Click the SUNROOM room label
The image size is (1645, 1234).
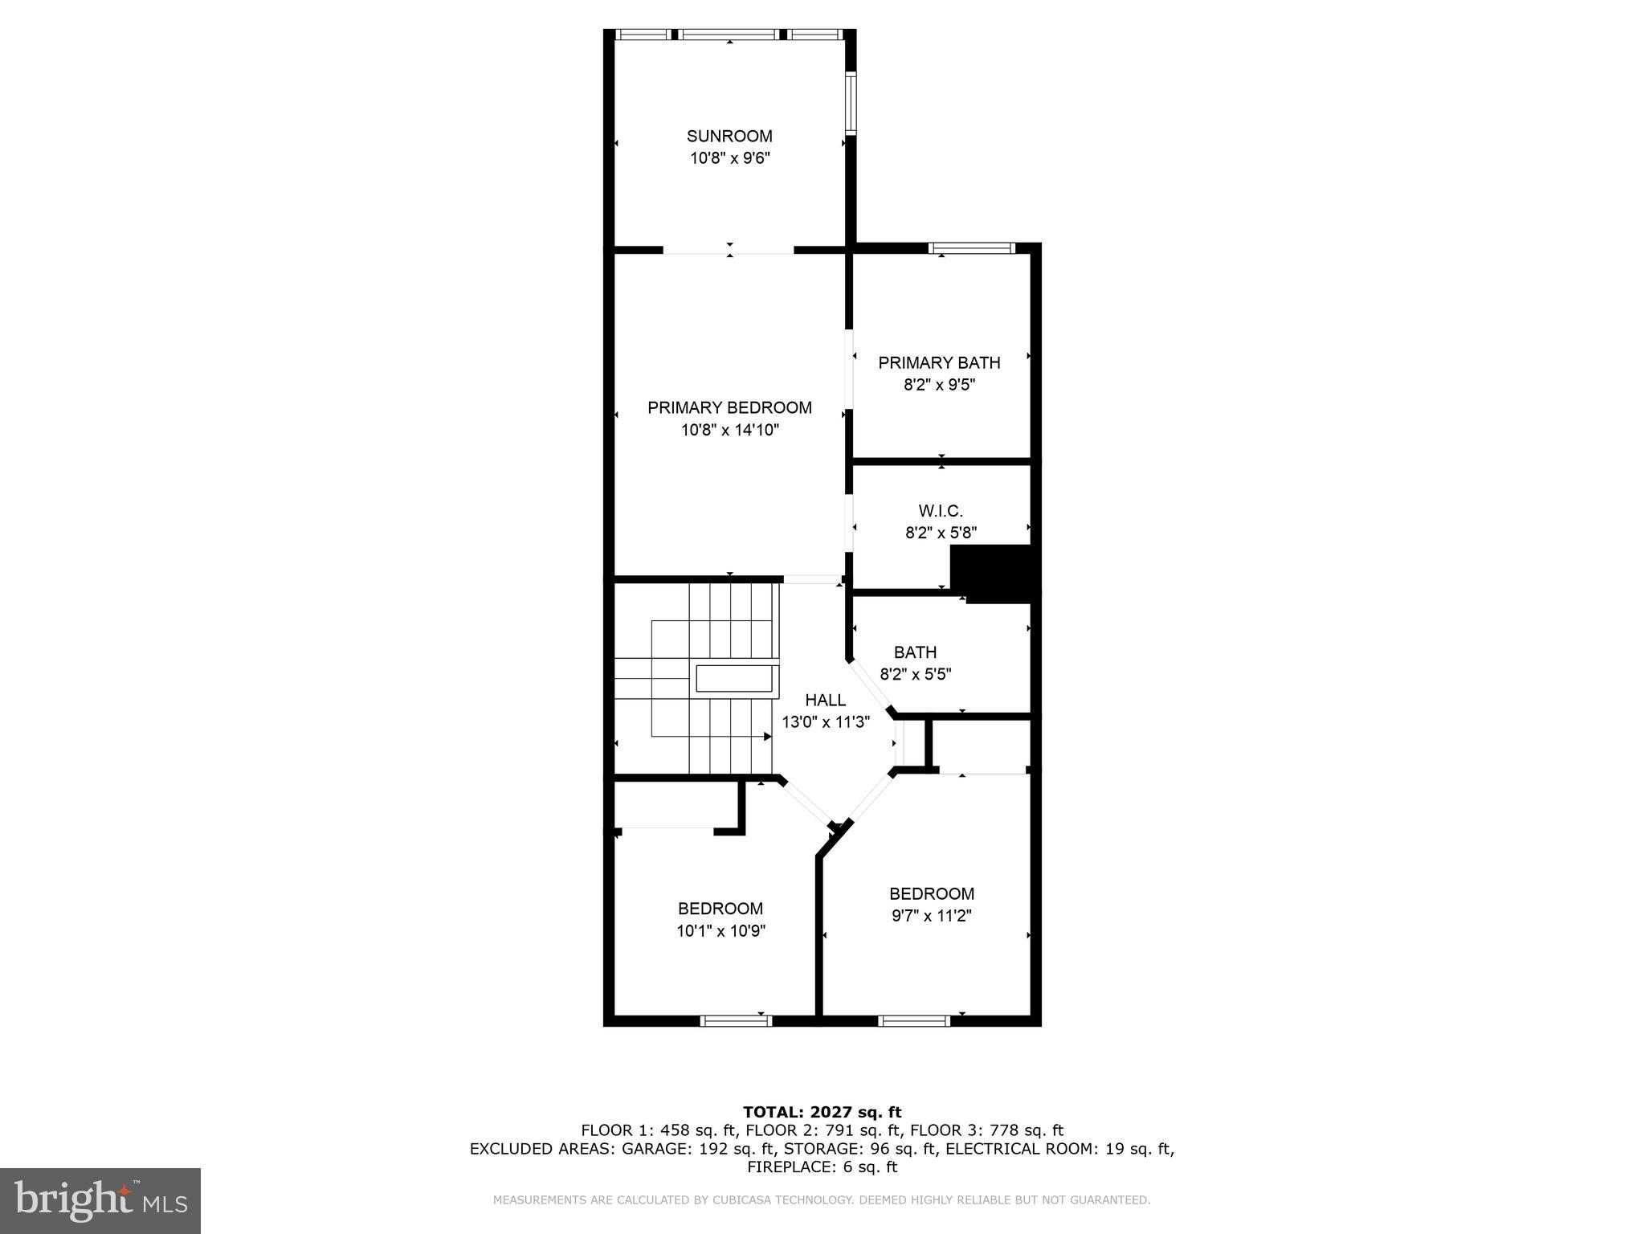click(x=729, y=136)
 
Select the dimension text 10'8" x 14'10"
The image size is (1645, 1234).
click(x=729, y=430)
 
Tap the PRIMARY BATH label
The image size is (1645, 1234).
click(x=938, y=362)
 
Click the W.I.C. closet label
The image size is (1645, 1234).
click(x=940, y=510)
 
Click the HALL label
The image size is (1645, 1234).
click(x=825, y=700)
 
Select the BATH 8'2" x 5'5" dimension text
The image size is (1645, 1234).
click(x=915, y=674)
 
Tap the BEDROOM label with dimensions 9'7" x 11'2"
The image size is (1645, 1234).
click(x=931, y=893)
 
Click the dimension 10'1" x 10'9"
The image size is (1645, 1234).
click(x=720, y=931)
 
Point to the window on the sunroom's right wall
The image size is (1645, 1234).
click(x=851, y=101)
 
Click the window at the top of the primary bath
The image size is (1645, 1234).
click(x=972, y=248)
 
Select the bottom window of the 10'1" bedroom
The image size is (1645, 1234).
click(x=736, y=1020)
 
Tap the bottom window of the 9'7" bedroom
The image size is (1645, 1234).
click(x=913, y=1020)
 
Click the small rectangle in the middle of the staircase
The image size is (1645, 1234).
click(x=736, y=678)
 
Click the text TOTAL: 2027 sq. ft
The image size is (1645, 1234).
click(x=822, y=1112)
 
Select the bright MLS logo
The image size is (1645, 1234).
click(x=100, y=1200)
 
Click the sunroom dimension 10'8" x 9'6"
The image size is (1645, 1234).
click(x=729, y=158)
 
